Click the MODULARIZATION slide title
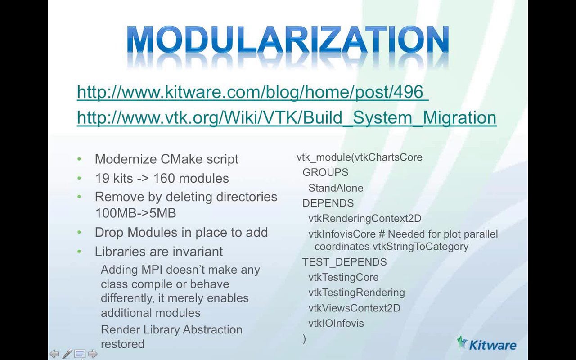click(288, 40)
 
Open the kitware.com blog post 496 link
click(252, 92)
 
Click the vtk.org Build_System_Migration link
click(287, 118)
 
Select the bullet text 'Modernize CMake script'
click(166, 159)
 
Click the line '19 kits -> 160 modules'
click(162, 178)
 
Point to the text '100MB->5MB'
click(135, 213)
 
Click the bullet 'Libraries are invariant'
click(158, 252)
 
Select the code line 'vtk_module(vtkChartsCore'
click(359, 157)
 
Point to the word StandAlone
click(336, 188)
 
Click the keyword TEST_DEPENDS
click(344, 262)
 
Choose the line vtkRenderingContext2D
click(364, 219)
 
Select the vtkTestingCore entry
click(343, 277)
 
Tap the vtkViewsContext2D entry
click(354, 308)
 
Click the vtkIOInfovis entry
click(336, 324)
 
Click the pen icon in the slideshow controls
click(67, 354)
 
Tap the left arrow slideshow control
click(54, 354)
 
